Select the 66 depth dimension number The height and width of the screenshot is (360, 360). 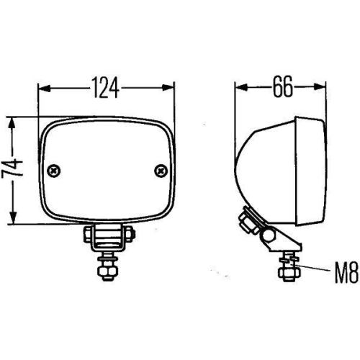pyautogui.click(x=282, y=87)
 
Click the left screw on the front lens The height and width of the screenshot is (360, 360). pyautogui.click(x=55, y=171)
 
